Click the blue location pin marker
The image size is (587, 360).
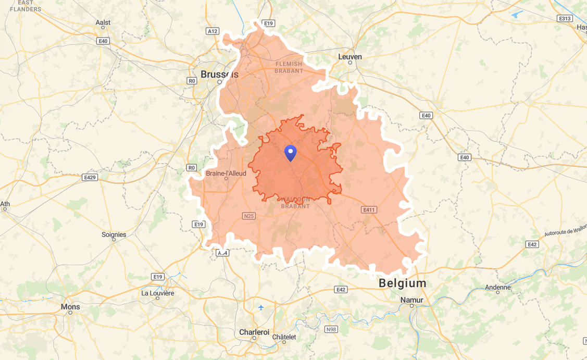(290, 153)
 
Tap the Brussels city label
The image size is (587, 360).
(219, 75)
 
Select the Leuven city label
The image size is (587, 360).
(350, 57)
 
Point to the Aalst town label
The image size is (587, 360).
(104, 23)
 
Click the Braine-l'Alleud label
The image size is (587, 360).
(226, 173)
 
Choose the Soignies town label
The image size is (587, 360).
(114, 234)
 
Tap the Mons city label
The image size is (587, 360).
(70, 307)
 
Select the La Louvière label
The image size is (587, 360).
(158, 293)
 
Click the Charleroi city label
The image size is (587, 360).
(254, 332)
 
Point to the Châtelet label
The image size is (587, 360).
(284, 337)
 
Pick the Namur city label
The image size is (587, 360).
(412, 300)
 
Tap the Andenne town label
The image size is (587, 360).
(498, 287)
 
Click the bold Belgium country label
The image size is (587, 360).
(403, 283)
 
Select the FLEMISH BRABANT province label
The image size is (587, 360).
(289, 67)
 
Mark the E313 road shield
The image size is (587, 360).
(565, 18)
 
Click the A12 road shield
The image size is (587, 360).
(213, 31)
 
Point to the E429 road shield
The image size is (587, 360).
(90, 177)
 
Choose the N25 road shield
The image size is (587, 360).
(249, 216)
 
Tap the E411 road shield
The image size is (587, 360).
(369, 209)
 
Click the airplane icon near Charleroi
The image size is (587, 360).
(261, 307)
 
